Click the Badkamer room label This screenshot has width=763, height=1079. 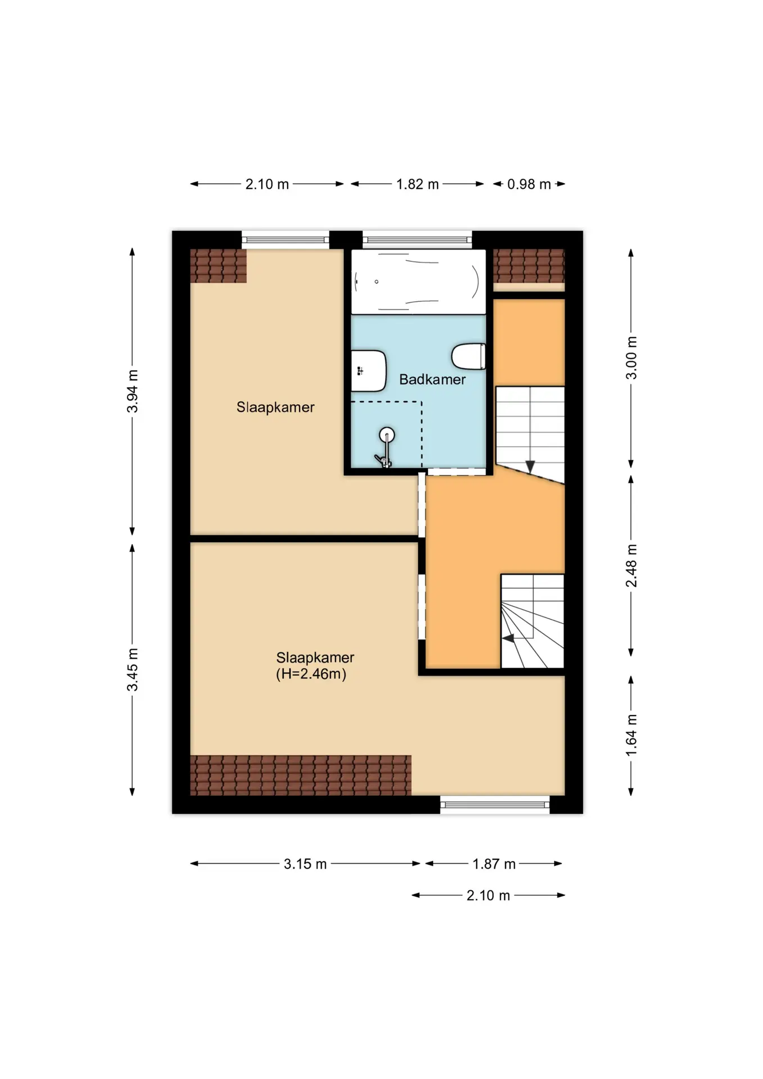pyautogui.click(x=432, y=379)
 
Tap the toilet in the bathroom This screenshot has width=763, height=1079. pyautogui.click(x=469, y=356)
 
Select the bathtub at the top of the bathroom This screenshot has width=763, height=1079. pyautogui.click(x=419, y=282)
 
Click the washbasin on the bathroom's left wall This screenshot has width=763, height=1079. pyautogui.click(x=369, y=371)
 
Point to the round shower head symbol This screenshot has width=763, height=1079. pyautogui.click(x=387, y=434)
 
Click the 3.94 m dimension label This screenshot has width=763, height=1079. pyautogui.click(x=132, y=391)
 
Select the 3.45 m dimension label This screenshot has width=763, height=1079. pyautogui.click(x=132, y=669)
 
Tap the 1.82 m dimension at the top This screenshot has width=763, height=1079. pyautogui.click(x=417, y=184)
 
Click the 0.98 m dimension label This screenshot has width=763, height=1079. pyautogui.click(x=529, y=184)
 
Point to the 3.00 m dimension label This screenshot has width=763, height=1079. pyautogui.click(x=632, y=358)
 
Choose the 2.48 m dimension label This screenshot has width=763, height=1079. pyautogui.click(x=632, y=565)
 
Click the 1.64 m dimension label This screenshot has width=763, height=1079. pyautogui.click(x=632, y=735)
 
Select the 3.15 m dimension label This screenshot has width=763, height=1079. pyautogui.click(x=305, y=864)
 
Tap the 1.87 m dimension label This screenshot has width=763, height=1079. pyautogui.click(x=494, y=864)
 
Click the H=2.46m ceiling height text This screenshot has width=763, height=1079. pyautogui.click(x=311, y=674)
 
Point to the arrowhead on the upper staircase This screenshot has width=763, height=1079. pyautogui.click(x=530, y=466)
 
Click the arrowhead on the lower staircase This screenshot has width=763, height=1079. pyautogui.click(x=508, y=638)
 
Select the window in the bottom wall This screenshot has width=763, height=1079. pyautogui.click(x=495, y=805)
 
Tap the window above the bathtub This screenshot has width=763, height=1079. pyautogui.click(x=417, y=240)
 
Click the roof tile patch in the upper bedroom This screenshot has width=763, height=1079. pyautogui.click(x=219, y=266)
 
